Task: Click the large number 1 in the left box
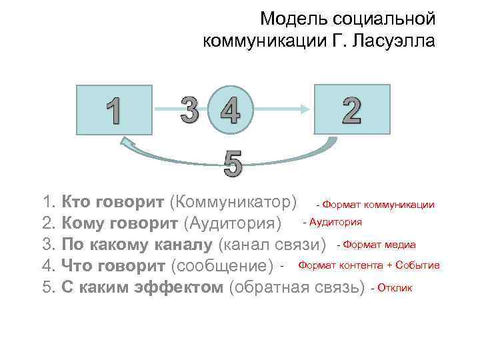pos(115,111)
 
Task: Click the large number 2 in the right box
pos(351,109)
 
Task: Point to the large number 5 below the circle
pos(233,163)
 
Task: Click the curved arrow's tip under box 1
pos(125,142)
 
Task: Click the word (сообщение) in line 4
pos(223,266)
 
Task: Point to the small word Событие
pos(417,265)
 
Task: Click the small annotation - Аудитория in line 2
pos(332,221)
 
